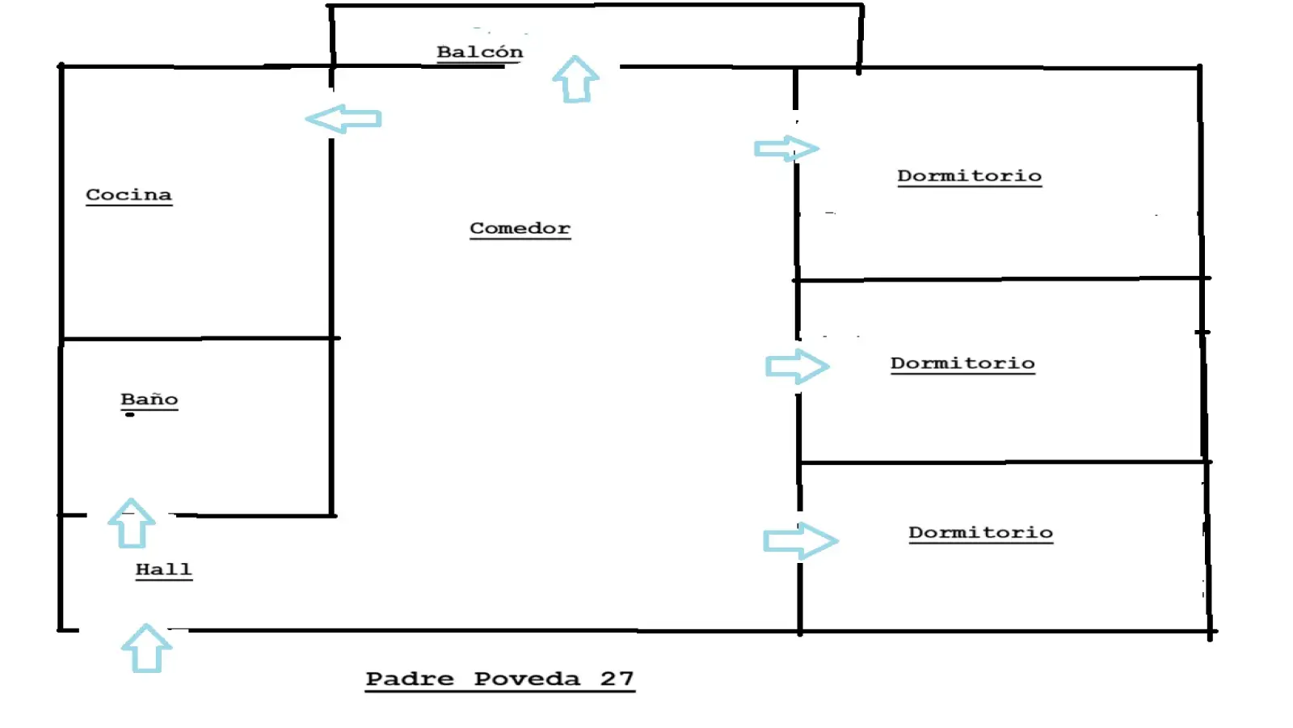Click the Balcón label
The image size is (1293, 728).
pos(480,52)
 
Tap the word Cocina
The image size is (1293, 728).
pos(128,195)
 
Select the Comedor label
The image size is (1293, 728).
pos(520,229)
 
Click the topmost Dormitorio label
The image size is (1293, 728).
pos(969,176)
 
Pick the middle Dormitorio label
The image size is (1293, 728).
pos(962,364)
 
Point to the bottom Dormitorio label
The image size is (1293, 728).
pos(981,533)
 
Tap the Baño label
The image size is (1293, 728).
pos(149,400)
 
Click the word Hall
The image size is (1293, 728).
pos(164,570)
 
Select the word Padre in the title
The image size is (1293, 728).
pos(410,679)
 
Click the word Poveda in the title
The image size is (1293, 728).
pos(527,679)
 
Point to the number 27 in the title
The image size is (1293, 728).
pos(617,679)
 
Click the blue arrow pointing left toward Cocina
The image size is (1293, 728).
pos(343,119)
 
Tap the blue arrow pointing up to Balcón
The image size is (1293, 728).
pos(575,80)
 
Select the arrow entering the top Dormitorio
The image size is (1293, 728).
pos(786,149)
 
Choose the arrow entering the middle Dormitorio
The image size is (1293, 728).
pos(797,366)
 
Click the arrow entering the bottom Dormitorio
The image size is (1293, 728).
pos(800,541)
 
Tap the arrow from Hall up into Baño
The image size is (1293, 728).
pos(131,523)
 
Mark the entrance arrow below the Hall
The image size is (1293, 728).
pos(146,648)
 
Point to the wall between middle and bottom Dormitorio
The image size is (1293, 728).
pos(1004,462)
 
